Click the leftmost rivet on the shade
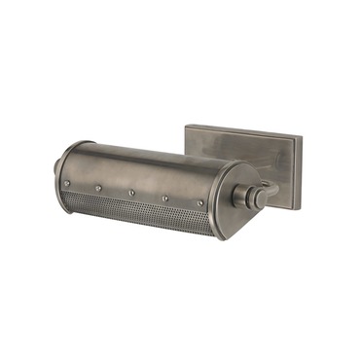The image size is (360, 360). point(67,182)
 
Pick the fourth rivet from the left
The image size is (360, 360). point(166,198)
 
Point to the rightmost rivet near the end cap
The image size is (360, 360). point(200,203)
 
